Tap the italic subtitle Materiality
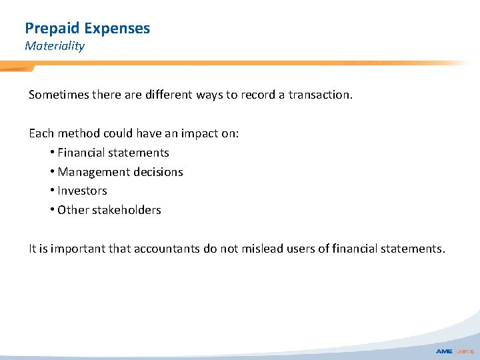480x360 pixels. pos(55,46)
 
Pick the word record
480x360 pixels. pos(258,95)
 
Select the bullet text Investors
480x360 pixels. pos(82,191)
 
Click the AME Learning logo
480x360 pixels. pos(453,351)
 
